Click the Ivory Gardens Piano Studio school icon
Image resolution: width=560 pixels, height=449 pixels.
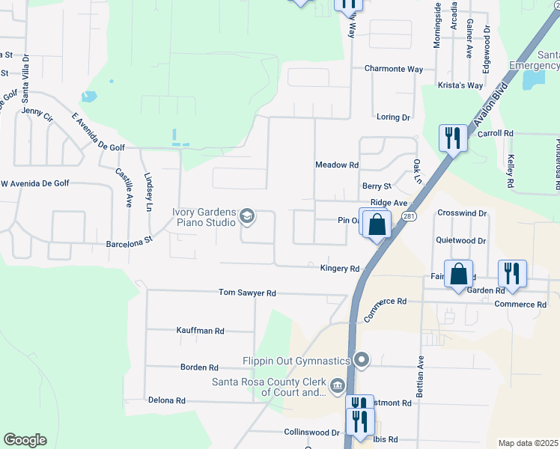click(x=246, y=218)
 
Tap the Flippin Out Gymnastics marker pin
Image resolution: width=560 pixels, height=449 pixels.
click(x=362, y=361)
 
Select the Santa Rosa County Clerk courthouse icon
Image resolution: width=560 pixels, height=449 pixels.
click(x=338, y=385)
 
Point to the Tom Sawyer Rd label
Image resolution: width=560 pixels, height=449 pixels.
click(x=247, y=293)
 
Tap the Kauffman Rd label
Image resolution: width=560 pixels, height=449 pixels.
click(x=200, y=330)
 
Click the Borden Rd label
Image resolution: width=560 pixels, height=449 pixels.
click(x=199, y=367)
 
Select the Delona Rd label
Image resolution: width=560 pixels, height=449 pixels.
click(x=166, y=400)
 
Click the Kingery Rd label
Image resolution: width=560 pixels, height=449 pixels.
click(x=340, y=268)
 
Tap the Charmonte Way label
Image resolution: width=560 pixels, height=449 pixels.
click(x=394, y=69)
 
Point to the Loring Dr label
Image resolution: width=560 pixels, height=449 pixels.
click(x=394, y=117)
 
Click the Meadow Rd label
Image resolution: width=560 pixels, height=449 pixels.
click(x=337, y=165)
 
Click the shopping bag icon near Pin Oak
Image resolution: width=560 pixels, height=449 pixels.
click(x=378, y=224)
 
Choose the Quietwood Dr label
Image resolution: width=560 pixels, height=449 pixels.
click(x=460, y=241)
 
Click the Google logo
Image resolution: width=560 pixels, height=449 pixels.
click(x=25, y=440)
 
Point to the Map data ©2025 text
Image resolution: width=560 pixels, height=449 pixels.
click(x=528, y=443)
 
